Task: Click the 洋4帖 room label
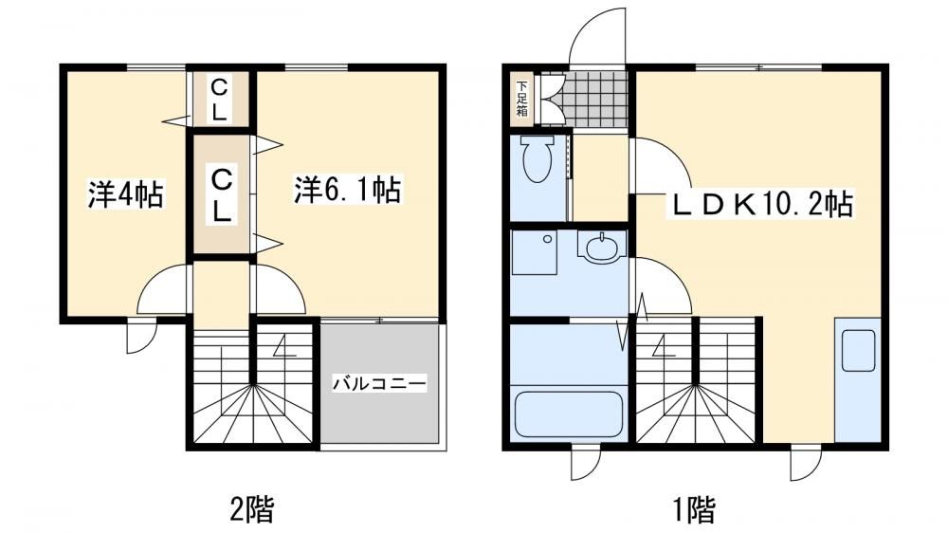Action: [x=126, y=194]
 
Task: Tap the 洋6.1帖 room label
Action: [x=348, y=190]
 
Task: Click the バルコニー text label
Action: [x=380, y=383]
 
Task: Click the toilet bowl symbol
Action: [x=538, y=157]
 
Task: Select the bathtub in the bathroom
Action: [x=568, y=414]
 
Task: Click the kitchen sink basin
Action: [x=859, y=350]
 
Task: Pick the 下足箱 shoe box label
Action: [x=521, y=99]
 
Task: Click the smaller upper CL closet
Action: [x=220, y=99]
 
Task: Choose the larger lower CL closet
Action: [x=221, y=194]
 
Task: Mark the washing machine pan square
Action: [x=535, y=253]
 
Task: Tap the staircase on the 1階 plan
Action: [x=696, y=380]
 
